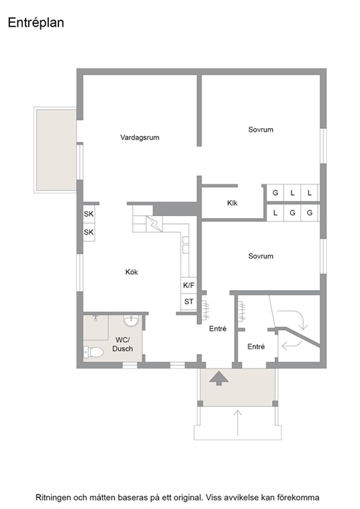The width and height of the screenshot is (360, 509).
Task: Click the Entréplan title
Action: coord(36,23)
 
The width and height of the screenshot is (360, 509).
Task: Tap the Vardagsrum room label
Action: coord(140,138)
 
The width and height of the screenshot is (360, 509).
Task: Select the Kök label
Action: coord(132,271)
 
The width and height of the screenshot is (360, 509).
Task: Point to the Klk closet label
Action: coord(232,203)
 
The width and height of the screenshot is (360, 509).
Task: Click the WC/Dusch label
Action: coord(122,344)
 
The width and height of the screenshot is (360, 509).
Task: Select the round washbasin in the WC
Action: coord(131,321)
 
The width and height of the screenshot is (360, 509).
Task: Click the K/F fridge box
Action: coord(189,285)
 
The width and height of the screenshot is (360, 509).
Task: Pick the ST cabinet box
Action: coord(189,302)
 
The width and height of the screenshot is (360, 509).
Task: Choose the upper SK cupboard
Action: coord(89,214)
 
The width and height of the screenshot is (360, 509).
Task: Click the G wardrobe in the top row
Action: coord(275,193)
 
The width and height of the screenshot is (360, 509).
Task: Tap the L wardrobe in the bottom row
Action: coord(275,213)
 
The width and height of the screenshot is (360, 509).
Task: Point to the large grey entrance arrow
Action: coord(219,378)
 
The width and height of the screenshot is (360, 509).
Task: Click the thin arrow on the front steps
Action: coord(238,423)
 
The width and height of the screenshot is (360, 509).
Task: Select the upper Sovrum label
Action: coord(261,130)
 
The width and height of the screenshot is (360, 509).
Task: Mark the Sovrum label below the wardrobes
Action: coord(261,256)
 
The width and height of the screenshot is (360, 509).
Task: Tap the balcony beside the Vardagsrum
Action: coord(56,150)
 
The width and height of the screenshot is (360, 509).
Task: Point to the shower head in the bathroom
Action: coord(96,317)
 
